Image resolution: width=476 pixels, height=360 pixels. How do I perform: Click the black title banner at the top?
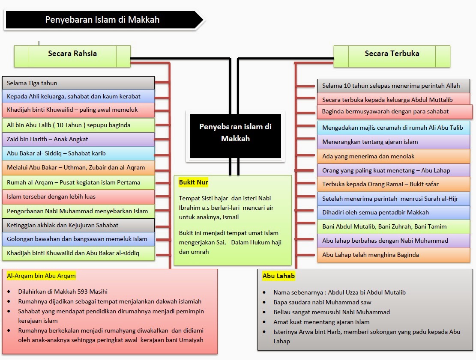tap(104, 20)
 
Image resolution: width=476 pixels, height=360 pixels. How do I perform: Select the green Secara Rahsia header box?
tap(72, 56)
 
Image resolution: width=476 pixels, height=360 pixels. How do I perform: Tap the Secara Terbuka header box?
tap(392, 56)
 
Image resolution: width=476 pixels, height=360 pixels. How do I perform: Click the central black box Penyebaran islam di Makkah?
tap(235, 136)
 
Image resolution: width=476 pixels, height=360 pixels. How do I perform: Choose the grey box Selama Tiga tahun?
tap(78, 83)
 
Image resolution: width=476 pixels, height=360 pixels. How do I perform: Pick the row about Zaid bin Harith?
tap(78, 139)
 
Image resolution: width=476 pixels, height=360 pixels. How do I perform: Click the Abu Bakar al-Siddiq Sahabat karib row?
tap(78, 154)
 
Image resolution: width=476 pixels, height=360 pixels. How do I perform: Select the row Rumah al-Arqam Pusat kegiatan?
tap(78, 183)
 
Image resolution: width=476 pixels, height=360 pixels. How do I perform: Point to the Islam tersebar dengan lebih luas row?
tap(78, 197)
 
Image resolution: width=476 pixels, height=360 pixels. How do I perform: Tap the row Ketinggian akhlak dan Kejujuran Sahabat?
tap(78, 225)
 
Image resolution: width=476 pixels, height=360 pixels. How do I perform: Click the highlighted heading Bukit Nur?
tap(193, 182)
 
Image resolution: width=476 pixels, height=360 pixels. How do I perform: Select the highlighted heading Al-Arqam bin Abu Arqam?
tap(41, 276)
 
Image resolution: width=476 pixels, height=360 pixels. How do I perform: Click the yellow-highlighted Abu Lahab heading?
tap(278, 276)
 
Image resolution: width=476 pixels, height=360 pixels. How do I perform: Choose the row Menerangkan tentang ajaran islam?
tap(394, 142)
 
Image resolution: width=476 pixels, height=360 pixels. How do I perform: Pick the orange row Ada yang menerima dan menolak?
tap(394, 156)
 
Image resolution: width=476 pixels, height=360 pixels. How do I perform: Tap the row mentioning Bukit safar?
tap(394, 184)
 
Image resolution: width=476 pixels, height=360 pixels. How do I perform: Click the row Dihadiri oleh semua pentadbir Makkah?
tap(394, 213)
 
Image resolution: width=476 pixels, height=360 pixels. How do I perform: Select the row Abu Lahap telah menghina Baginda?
tap(394, 255)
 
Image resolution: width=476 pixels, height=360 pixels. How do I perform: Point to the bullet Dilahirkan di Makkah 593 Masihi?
tap(63, 292)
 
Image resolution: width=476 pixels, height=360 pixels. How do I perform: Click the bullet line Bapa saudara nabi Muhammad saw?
tap(322, 302)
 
